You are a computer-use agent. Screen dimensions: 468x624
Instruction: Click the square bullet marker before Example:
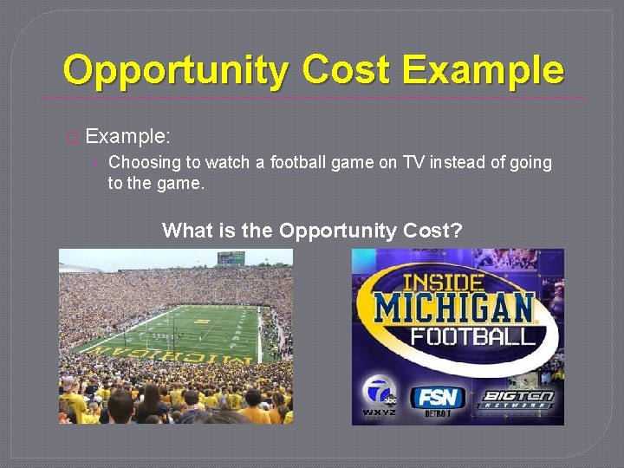[72, 137]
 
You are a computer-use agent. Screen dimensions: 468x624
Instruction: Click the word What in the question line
[186, 231]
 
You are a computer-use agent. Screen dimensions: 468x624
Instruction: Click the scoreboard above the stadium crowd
[231, 257]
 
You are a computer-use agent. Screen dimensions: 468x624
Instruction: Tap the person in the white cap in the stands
[68, 382]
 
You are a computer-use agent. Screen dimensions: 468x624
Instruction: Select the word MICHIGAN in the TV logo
[454, 309]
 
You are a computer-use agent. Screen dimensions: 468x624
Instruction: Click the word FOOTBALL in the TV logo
[473, 336]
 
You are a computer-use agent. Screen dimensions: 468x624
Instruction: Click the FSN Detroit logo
[437, 400]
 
